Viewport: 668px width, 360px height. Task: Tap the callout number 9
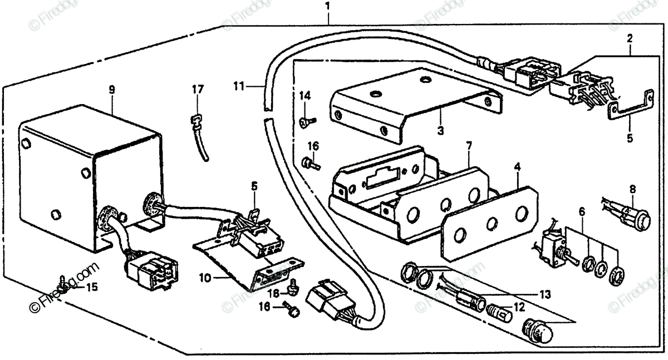point(112,90)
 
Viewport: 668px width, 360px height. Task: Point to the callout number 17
point(198,89)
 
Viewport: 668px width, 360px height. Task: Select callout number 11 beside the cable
point(239,86)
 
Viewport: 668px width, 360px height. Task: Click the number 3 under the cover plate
point(440,132)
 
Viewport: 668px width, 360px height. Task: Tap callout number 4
point(517,165)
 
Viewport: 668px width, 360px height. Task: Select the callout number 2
point(630,38)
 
